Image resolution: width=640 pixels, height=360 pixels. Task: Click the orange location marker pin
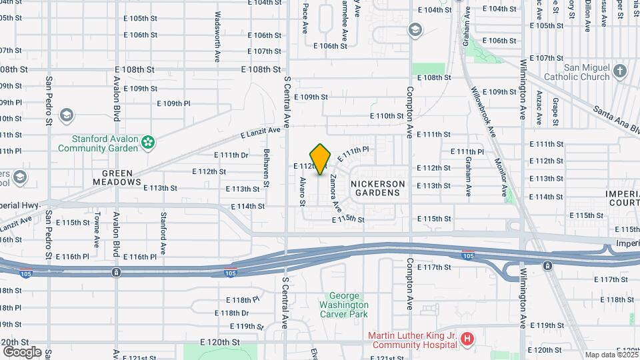tap(321, 159)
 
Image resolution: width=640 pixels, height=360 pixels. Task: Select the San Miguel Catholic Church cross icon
tap(620, 71)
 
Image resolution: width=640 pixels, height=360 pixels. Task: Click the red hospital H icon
tap(467, 339)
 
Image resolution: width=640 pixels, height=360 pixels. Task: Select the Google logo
tap(21, 351)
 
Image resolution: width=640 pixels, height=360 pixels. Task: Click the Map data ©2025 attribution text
tap(611, 355)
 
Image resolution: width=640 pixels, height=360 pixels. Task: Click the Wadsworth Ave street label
tap(217, 37)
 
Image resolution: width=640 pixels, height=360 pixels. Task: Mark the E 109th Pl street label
tap(173, 103)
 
